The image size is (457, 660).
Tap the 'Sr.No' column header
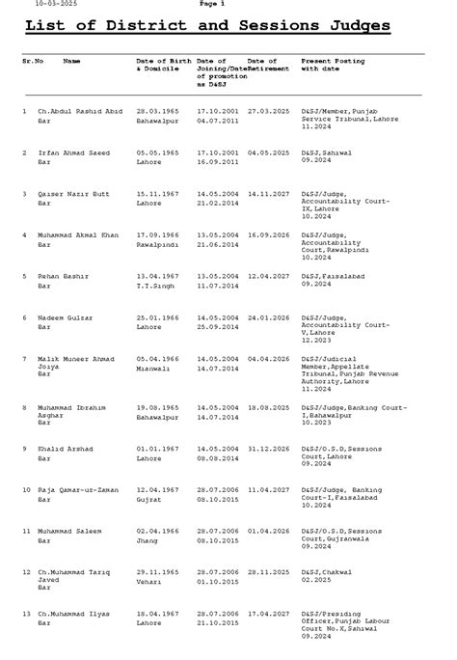click(32, 61)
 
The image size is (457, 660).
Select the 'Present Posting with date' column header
click(333, 66)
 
